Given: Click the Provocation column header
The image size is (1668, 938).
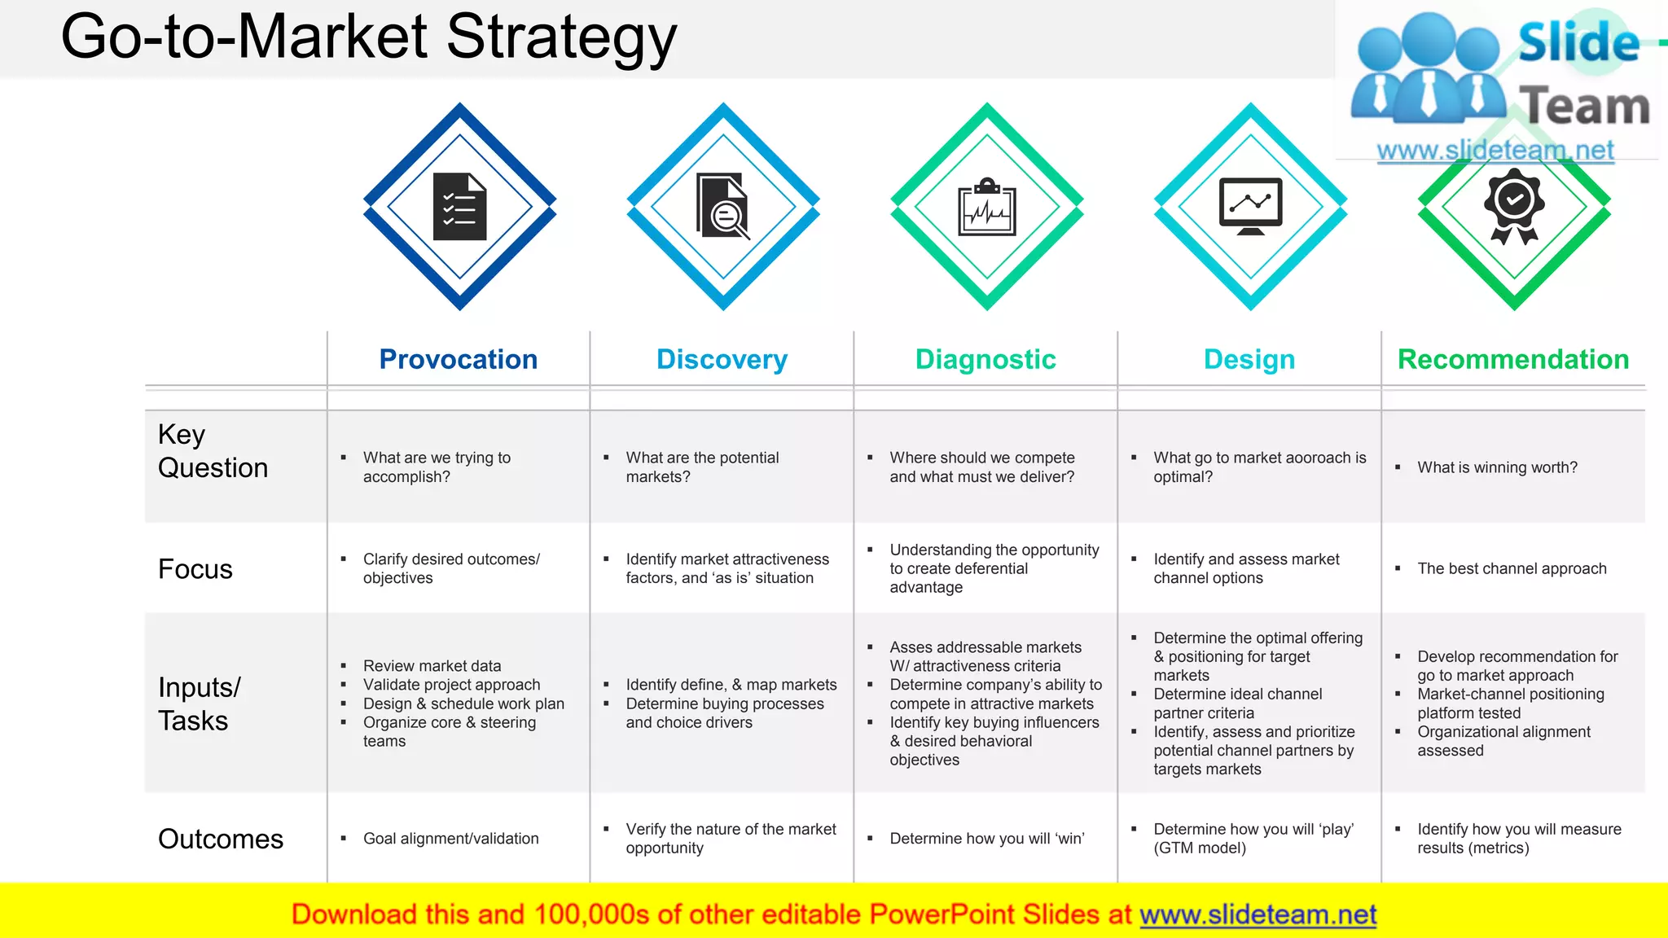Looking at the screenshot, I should coord(458,359).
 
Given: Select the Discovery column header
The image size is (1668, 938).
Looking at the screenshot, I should coord(722,359).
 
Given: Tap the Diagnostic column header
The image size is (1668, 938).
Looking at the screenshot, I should coord(985,359).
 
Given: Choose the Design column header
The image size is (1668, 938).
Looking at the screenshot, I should coord(1249,359).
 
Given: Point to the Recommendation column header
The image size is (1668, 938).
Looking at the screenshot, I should coord(1513,359).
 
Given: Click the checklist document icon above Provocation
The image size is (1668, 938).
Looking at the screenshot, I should coord(459,207).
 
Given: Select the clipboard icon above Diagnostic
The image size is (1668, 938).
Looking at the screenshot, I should coord(987,207).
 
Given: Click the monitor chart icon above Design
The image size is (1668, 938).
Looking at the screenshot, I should coord(1250,206).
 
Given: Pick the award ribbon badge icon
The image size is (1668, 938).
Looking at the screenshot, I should coord(1514,205).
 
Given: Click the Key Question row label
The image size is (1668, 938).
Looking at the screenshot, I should coord(213,451).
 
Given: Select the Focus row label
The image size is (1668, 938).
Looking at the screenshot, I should coord(195,569).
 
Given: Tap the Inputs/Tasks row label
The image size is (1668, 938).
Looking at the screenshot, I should coord(200,703).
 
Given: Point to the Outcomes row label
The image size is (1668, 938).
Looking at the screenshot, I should coord(221,839).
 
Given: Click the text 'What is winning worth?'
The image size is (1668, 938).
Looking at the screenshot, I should coord(1497,467).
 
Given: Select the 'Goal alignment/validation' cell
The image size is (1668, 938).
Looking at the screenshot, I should coord(450,839).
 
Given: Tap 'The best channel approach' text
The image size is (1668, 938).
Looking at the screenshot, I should coord(1512,568).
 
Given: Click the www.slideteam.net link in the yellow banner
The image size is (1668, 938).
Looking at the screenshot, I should coord(1258,914).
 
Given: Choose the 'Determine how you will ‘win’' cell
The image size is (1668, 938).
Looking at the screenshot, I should coord(986,839).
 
